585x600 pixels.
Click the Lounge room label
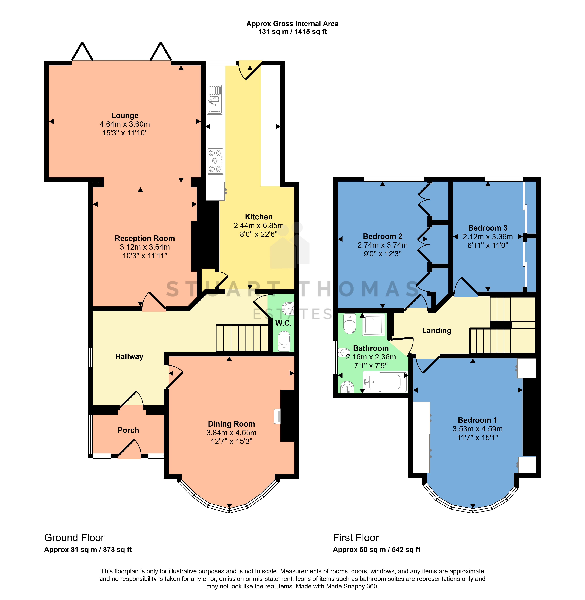pyautogui.click(x=125, y=116)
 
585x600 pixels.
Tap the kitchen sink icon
pyautogui.click(x=215, y=99)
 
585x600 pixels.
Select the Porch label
pyautogui.click(x=128, y=430)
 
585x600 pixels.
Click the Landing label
pyautogui.click(x=437, y=331)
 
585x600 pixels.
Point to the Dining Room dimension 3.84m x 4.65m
pyautogui.click(x=231, y=433)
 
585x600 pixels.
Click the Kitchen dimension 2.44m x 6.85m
pyautogui.click(x=259, y=225)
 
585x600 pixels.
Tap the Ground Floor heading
pyautogui.click(x=74, y=538)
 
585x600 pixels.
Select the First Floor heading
pyautogui.click(x=356, y=538)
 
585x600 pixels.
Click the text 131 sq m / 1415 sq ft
pyautogui.click(x=293, y=32)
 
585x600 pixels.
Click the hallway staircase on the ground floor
pyautogui.click(x=242, y=338)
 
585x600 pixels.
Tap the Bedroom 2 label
pyautogui.click(x=383, y=236)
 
